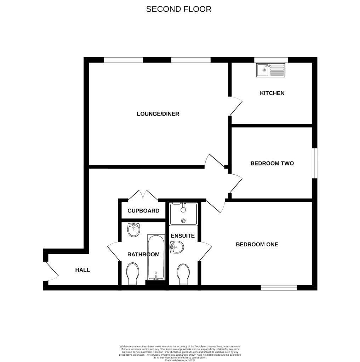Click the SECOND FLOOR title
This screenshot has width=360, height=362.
click(x=179, y=9)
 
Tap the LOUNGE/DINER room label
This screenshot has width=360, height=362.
click(x=158, y=114)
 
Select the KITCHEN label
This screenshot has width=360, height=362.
click(x=272, y=93)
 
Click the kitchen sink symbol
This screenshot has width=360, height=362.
click(x=271, y=70)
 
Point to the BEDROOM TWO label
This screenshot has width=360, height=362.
click(x=272, y=163)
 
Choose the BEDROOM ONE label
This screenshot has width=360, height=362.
click(x=257, y=244)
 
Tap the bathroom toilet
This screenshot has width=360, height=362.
click(x=132, y=273)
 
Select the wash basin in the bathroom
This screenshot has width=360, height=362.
click(x=133, y=230)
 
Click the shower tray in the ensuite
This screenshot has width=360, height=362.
click(x=183, y=214)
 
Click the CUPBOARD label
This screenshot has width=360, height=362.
click(x=143, y=211)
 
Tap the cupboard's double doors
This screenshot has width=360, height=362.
click(x=143, y=195)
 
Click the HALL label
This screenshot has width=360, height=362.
click(x=82, y=270)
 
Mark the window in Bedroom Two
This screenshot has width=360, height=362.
click(x=314, y=163)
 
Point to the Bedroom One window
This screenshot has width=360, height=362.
click(x=279, y=288)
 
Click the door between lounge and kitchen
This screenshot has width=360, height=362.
click(x=235, y=106)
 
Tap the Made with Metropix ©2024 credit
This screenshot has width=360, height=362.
click(x=180, y=360)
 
